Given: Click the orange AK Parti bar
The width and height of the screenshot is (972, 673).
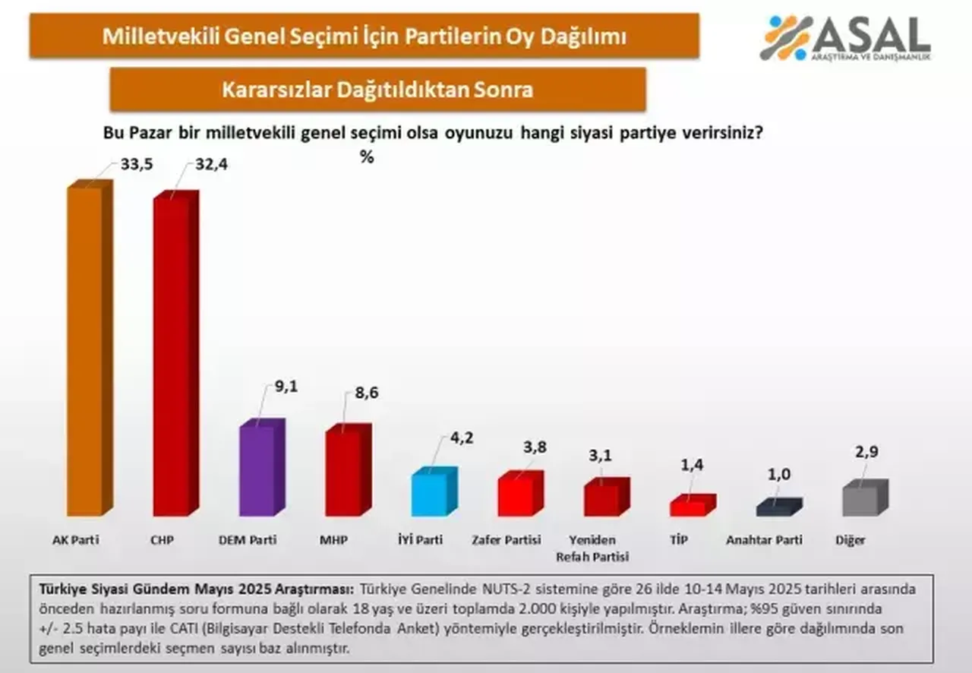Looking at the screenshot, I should pyautogui.click(x=86, y=349).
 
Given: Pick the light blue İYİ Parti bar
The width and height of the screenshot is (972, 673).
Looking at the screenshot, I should pyautogui.click(x=431, y=494).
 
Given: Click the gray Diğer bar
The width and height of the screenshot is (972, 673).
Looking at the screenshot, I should pyautogui.click(x=861, y=500).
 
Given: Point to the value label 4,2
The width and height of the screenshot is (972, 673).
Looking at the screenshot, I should pyautogui.click(x=460, y=438).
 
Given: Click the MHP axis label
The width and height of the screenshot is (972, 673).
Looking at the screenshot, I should pyautogui.click(x=334, y=540).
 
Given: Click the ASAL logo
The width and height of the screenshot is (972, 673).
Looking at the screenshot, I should pyautogui.click(x=844, y=38).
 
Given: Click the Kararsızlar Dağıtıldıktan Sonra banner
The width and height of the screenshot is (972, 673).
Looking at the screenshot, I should pyautogui.click(x=377, y=90).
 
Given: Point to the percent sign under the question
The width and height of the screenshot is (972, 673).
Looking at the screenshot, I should pyautogui.click(x=367, y=157).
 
